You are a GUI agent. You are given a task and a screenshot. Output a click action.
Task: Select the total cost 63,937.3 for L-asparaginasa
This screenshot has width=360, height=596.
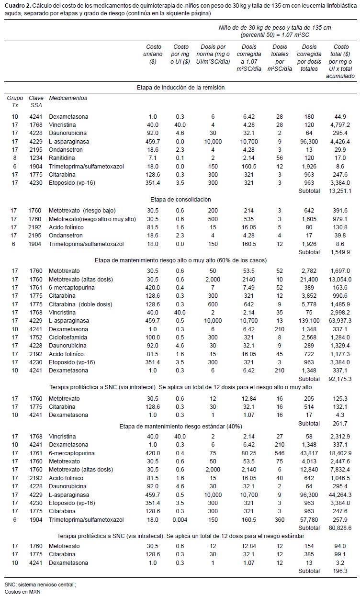point(341,319)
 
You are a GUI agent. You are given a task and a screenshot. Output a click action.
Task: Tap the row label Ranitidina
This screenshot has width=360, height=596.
point(63,157)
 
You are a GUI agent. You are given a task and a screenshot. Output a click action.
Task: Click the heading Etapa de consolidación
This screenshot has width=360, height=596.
point(180,199)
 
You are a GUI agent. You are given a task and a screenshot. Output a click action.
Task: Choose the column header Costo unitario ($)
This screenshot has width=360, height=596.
point(153,54)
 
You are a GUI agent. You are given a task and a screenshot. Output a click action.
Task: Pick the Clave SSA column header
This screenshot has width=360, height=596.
point(35,101)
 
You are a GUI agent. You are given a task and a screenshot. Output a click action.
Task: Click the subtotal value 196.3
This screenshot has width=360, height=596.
point(344,571)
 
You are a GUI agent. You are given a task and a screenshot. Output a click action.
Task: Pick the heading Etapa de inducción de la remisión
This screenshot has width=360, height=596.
point(180,87)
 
